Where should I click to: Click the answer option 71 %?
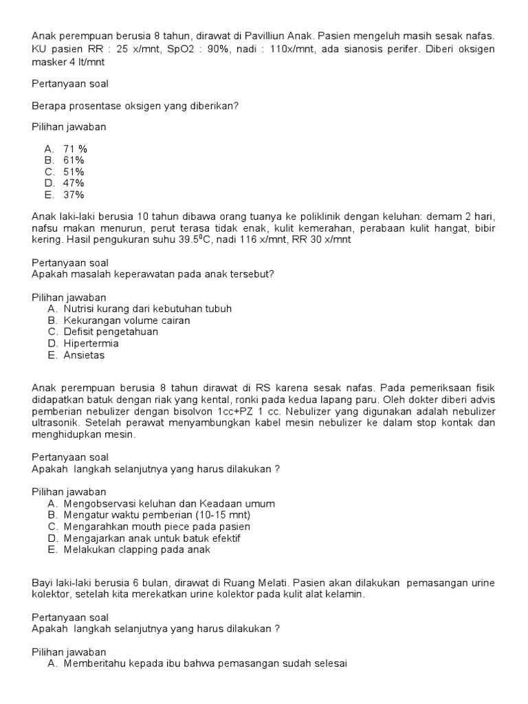tap(75, 148)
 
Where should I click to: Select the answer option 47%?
tap(74, 183)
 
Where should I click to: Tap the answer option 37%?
tap(74, 195)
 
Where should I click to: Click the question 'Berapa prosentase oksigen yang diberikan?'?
tap(135, 106)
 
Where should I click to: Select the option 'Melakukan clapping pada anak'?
tap(137, 549)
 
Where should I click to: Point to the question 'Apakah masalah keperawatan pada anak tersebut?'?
tap(153, 274)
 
